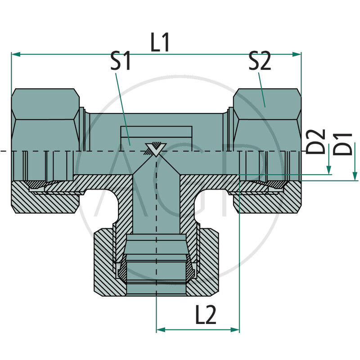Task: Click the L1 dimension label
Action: [x=160, y=43]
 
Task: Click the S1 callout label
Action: [x=121, y=62]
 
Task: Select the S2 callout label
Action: [x=260, y=62]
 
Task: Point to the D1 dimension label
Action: [x=346, y=144]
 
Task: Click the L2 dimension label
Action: [x=206, y=316]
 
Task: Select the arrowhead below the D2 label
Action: [x=329, y=171]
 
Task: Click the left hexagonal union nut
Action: [x=45, y=119]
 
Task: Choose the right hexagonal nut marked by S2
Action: [x=265, y=119]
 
